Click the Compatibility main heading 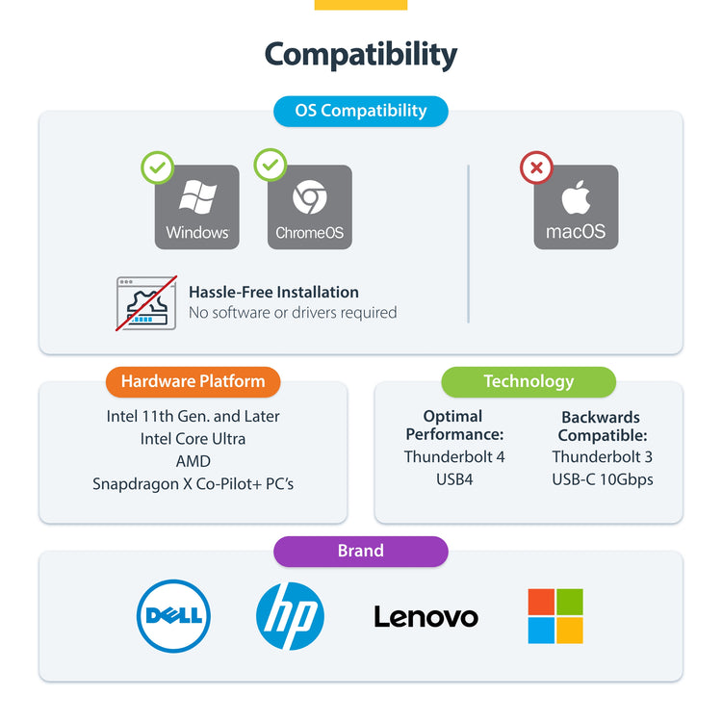click(x=361, y=54)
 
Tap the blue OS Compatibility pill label click(x=361, y=111)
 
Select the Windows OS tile click(x=197, y=207)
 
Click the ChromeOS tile click(x=309, y=207)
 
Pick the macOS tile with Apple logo click(x=576, y=207)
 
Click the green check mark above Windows click(x=158, y=168)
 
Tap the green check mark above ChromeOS click(x=271, y=166)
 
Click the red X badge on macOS click(x=536, y=168)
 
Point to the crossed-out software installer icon click(x=146, y=302)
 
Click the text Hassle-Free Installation click(x=273, y=292)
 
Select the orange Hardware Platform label click(x=193, y=381)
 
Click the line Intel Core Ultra click(x=193, y=439)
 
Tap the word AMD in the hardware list click(x=193, y=461)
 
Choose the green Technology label click(x=529, y=381)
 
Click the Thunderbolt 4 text click(x=454, y=457)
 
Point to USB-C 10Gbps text click(x=603, y=479)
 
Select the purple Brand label click(x=361, y=552)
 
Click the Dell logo click(x=173, y=616)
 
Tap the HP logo click(x=290, y=616)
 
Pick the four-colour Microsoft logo click(x=555, y=616)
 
